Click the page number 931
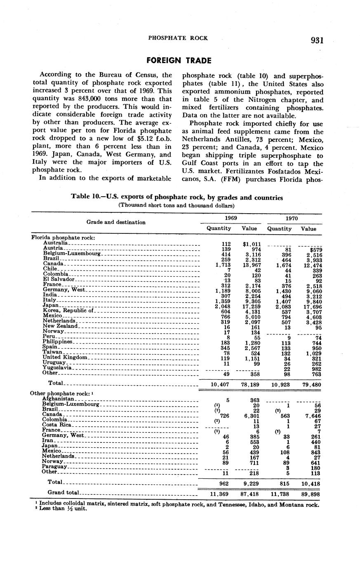317,40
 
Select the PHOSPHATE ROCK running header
178,38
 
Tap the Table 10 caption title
177,198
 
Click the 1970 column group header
292,217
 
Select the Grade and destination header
116,222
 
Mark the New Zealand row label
60,326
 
